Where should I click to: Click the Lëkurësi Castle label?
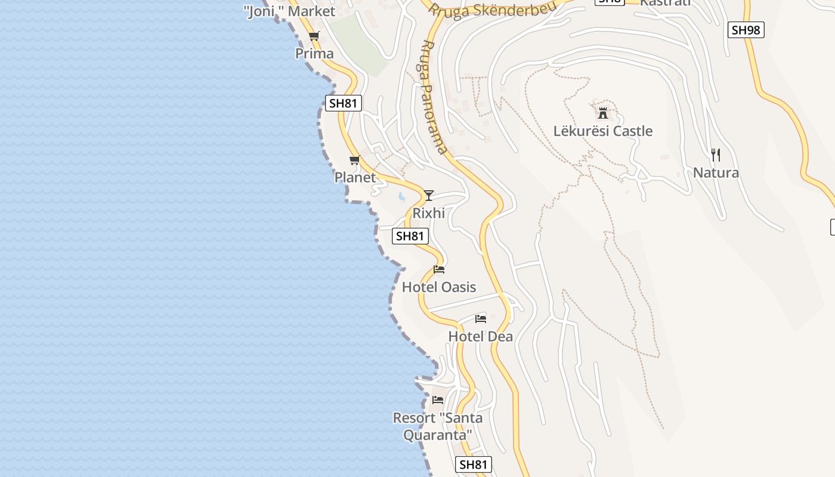point(603,131)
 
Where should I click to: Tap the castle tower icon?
point(603,113)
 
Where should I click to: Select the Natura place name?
point(716,173)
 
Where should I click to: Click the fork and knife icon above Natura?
point(716,155)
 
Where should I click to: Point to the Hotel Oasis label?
point(439,287)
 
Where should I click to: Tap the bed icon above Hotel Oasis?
point(439,270)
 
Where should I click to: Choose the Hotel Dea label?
point(480,336)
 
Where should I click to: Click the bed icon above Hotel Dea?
point(481,319)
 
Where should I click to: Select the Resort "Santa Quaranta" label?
point(438,426)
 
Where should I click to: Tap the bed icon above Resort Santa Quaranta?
point(438,399)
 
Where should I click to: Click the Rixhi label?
point(429,213)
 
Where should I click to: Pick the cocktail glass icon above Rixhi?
point(429,195)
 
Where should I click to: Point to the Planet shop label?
point(355,177)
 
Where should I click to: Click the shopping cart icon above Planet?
point(355,160)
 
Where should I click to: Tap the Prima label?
point(314,54)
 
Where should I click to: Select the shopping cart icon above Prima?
point(314,36)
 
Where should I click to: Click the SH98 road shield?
point(746,30)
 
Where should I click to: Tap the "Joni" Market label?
point(289,11)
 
